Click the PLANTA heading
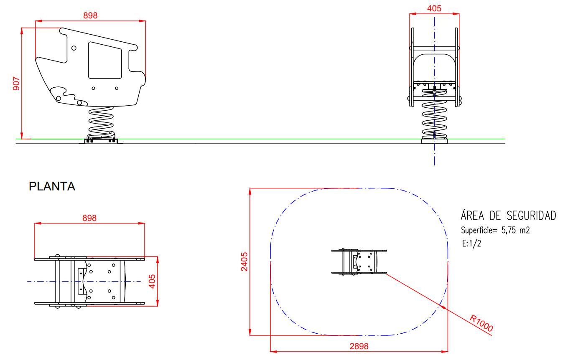click(52, 186)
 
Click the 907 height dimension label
click(16, 84)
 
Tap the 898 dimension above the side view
click(90, 16)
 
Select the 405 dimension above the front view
click(434, 8)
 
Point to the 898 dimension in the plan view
click(89, 218)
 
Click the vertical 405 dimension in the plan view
click(152, 281)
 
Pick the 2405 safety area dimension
click(244, 262)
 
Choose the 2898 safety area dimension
click(359, 346)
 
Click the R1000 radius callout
click(481, 323)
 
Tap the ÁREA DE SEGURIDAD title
click(508, 215)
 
